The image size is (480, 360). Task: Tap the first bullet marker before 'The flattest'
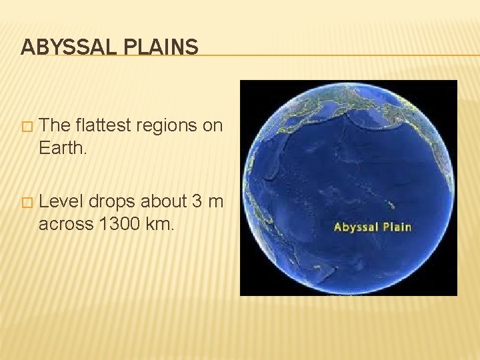point(27,126)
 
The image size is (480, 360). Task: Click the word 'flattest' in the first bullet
point(101,125)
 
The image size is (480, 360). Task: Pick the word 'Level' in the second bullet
point(60,202)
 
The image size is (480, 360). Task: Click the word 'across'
point(66,224)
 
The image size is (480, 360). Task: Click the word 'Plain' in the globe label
point(397,227)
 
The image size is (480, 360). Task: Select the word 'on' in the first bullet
point(213,125)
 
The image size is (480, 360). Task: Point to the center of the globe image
point(348,187)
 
